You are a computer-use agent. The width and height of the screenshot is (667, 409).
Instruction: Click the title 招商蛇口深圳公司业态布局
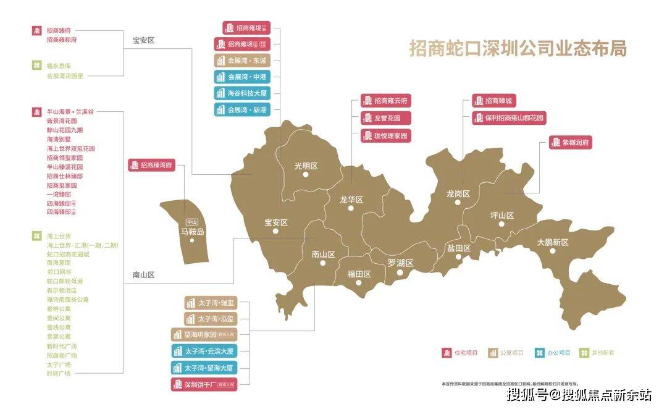[518, 49]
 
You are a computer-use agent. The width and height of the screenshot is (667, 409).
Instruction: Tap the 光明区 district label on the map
[305, 166]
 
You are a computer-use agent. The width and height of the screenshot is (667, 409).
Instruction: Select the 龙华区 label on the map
[351, 199]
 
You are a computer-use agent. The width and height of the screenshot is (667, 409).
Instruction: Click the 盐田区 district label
[458, 248]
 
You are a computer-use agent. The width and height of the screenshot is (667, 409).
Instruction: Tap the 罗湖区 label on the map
[400, 263]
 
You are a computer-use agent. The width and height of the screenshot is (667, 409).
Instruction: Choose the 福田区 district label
[358, 274]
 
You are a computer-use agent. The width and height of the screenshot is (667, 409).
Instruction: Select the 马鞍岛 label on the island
[192, 232]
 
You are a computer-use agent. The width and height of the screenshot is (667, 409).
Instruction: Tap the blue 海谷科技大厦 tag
[243, 93]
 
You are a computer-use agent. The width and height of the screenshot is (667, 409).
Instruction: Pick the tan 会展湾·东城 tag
[243, 61]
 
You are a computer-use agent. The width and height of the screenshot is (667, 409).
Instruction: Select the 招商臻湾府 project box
[152, 165]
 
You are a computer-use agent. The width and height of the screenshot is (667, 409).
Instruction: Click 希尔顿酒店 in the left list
[62, 290]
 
